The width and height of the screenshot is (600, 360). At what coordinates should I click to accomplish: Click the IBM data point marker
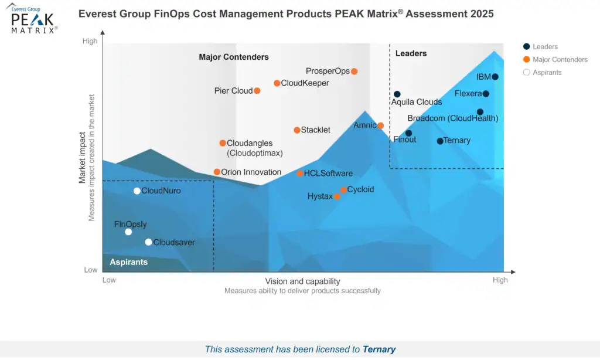coord(495,77)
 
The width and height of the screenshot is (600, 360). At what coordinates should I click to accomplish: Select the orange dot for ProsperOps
coord(354,72)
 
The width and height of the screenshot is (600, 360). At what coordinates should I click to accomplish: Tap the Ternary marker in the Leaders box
coord(440,141)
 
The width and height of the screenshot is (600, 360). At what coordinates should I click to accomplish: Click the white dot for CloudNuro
coord(137,191)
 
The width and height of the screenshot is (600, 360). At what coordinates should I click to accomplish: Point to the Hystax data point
coord(337,196)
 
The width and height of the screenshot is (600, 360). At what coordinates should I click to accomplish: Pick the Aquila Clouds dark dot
coord(397,94)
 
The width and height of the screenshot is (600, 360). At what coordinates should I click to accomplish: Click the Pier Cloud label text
coord(233,91)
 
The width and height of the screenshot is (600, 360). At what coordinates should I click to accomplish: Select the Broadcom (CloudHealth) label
coord(452,118)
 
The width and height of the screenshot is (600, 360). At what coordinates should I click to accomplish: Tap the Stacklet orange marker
coord(297,130)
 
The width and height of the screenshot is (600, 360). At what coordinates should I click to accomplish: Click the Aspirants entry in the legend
coord(547,73)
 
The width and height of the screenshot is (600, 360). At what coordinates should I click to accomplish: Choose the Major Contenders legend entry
coord(560,60)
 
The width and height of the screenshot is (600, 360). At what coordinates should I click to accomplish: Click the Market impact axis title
coord(83,157)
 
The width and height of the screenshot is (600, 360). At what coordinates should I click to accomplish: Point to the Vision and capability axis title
coord(302,281)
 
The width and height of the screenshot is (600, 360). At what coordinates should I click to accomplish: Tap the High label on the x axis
coord(500,280)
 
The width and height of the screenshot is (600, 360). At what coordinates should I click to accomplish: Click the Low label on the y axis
coord(90,270)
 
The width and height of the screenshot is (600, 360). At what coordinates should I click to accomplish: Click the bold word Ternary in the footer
coord(379,349)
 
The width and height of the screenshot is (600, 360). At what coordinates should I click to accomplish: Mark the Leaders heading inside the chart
coord(411,53)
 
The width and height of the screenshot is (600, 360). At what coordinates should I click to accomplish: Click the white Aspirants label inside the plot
coord(128,262)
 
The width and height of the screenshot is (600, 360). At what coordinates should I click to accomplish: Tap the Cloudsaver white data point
coord(148,242)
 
